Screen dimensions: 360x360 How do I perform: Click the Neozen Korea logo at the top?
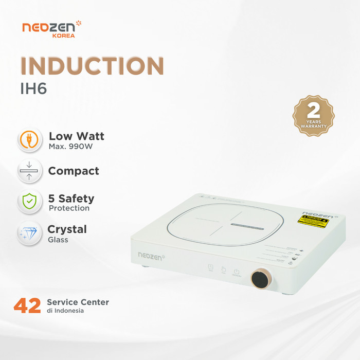coord(52,29)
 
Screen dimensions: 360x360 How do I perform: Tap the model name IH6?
coord(33,88)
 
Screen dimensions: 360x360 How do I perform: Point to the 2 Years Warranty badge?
coord(313,116)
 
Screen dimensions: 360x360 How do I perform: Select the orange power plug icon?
coord(30,140)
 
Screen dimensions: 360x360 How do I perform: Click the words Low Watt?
coord(77,136)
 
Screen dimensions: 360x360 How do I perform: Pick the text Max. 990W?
coord(71,147)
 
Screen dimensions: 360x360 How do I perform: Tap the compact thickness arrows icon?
coord(30,171)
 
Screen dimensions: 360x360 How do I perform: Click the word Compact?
coord(74,171)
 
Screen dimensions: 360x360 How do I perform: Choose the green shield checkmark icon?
coord(30,201)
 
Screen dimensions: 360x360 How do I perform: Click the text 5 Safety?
coord(71,199)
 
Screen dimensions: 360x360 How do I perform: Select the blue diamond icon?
coord(30,232)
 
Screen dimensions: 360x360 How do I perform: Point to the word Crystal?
coord(67,229)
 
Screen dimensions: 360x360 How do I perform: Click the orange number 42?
coord(27,305)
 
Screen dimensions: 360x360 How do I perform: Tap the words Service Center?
coord(78,302)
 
